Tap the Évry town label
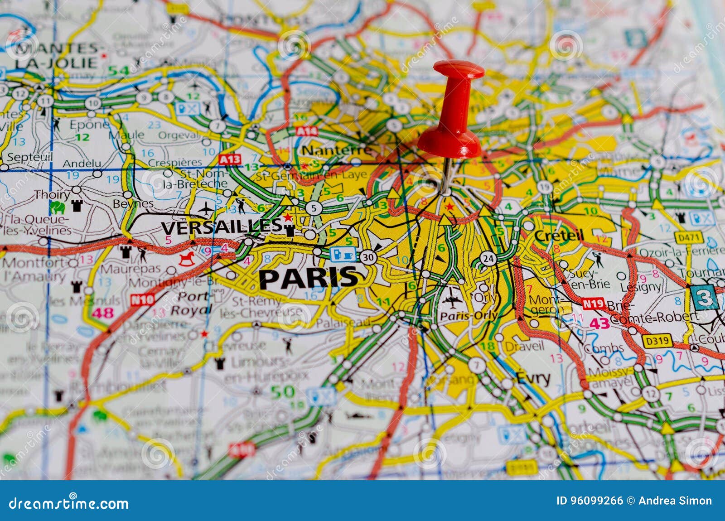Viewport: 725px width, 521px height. tap(533, 378)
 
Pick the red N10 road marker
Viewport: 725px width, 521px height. tap(142, 299)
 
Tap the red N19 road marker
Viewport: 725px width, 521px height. tap(594, 304)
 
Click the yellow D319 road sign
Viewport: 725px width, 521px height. tap(656, 340)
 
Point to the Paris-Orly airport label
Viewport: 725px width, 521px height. tap(469, 316)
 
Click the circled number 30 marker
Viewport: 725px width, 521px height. tap(368, 257)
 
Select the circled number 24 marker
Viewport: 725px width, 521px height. tap(488, 258)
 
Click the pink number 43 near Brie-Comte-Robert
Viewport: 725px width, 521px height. tap(599, 323)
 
